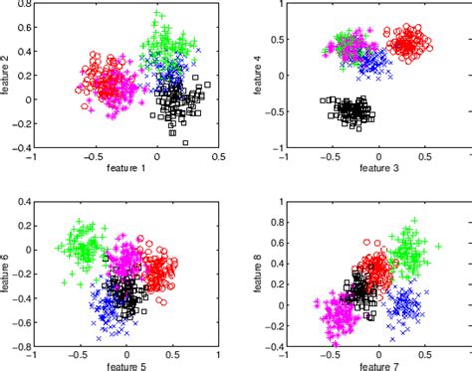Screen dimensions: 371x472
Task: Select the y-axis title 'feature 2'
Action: (8, 76)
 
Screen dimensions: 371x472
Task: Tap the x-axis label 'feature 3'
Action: (378, 168)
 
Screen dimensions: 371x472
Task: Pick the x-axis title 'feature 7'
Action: (378, 364)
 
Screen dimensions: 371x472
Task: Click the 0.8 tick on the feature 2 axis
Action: (22, 4)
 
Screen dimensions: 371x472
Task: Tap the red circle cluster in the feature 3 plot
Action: (407, 44)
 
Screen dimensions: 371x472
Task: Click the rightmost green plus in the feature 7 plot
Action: (438, 245)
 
